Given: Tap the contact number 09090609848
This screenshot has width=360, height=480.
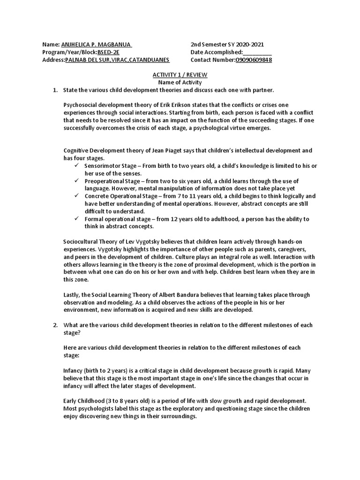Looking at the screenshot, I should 254,60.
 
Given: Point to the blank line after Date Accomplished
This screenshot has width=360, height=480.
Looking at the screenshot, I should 257,52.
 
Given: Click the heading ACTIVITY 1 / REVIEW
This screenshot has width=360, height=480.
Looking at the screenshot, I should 180,75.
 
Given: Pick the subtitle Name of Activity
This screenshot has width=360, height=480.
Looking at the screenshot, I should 180,82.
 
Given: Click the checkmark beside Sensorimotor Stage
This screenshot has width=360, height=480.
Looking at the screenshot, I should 77,166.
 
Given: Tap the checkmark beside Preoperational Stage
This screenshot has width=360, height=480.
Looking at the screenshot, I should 77,181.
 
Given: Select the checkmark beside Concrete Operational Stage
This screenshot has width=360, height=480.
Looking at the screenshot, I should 77,196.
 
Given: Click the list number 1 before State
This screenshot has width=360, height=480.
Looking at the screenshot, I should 54,90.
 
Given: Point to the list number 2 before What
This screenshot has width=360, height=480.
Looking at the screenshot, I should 54,325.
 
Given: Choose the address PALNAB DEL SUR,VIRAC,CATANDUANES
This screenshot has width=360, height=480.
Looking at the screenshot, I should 117,60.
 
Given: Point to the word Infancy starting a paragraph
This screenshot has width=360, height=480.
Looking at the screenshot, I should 74,370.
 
